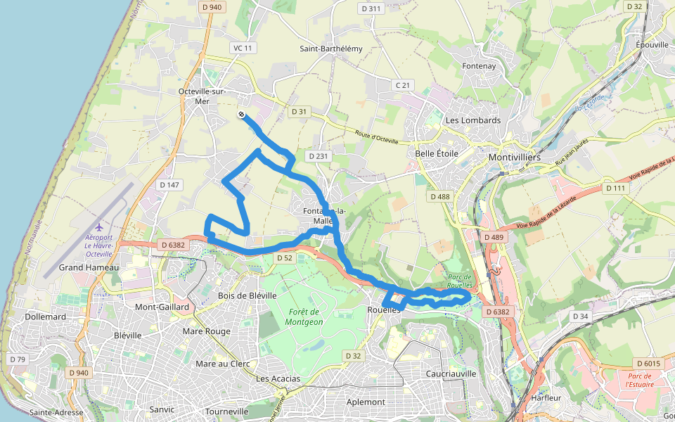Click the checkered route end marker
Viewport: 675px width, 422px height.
pyautogui.click(x=241, y=114)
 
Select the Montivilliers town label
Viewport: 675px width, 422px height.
pyautogui.click(x=515, y=157)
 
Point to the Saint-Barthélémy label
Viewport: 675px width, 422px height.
pyautogui.click(x=330, y=49)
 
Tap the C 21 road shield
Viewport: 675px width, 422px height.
pyautogui.click(x=402, y=85)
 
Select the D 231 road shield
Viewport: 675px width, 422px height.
pyautogui.click(x=319, y=155)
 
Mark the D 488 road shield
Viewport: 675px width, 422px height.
pyautogui.click(x=440, y=197)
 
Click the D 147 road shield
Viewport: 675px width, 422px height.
pyautogui.click(x=169, y=185)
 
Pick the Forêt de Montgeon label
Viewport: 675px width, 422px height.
pyautogui.click(x=304, y=316)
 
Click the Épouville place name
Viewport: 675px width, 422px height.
pyautogui.click(x=652, y=44)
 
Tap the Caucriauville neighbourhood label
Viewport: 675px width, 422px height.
pyautogui.click(x=451, y=373)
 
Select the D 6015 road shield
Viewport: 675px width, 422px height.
pyautogui.click(x=648, y=364)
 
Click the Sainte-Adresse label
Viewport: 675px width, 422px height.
pyautogui.click(x=56, y=412)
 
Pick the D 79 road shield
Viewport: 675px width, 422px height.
pyautogui.click(x=18, y=359)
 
